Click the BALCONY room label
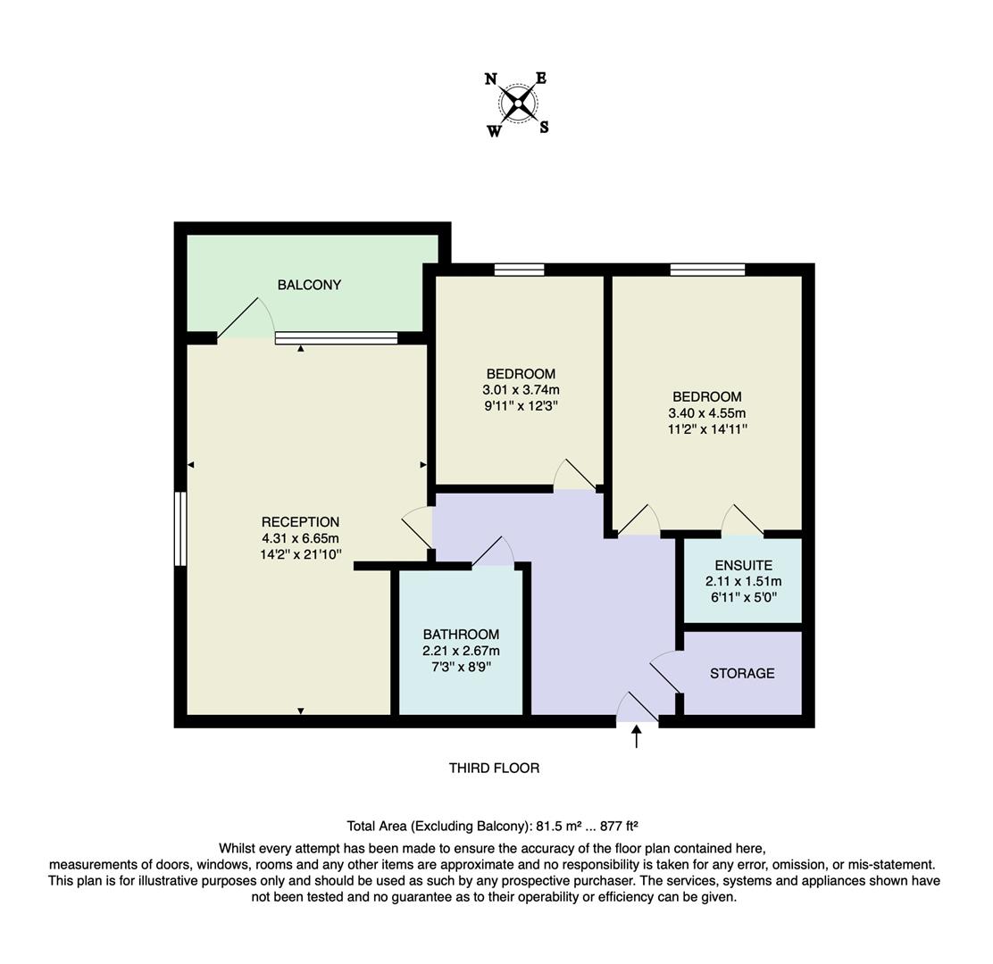coord(309,285)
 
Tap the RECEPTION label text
coord(300,522)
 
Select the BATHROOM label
coord(461,635)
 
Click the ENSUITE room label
coord(743,565)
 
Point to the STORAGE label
coord(742,673)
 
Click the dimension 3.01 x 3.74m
coord(521,389)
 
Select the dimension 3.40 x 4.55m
coord(706,412)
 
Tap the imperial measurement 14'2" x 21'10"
coord(300,554)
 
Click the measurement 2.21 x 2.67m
coord(461,651)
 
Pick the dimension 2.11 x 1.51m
coord(743,581)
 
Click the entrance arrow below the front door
coord(636,736)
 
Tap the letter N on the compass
coord(491,79)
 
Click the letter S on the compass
coord(544,127)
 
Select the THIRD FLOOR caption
coord(494,768)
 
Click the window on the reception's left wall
coord(180,528)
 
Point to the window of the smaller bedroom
coord(519,270)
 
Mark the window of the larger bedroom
coord(707,270)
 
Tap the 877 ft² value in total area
coord(615,826)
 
